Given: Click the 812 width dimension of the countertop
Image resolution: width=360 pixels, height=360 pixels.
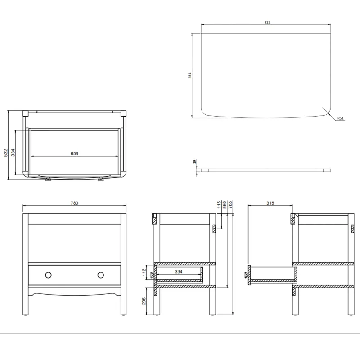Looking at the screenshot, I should tap(267, 22).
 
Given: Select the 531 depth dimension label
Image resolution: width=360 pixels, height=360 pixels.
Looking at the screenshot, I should tap(190, 75).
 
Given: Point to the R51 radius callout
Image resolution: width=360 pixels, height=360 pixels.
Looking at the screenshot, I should tap(341, 119).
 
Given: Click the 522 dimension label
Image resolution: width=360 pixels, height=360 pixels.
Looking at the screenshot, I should tap(5, 153).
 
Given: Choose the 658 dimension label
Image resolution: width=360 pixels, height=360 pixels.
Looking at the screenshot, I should tap(74, 153).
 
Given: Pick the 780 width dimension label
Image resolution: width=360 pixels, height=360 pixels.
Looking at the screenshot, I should tap(74, 203).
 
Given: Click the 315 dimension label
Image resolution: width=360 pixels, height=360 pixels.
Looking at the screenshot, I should tap(270, 203).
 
